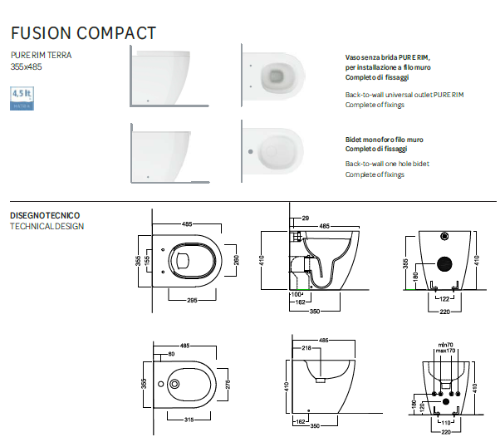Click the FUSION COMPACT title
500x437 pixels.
[83, 32]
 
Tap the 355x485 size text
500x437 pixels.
[27, 66]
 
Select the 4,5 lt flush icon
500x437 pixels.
[22, 99]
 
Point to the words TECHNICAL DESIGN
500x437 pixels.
[47, 226]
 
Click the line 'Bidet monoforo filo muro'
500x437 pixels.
[384, 140]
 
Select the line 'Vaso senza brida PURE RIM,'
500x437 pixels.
[388, 57]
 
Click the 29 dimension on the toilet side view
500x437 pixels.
[306, 218]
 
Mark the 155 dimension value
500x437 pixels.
[148, 260]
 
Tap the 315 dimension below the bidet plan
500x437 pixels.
[189, 419]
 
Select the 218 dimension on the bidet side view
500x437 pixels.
[306, 346]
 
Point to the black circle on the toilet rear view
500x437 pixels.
[445, 265]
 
